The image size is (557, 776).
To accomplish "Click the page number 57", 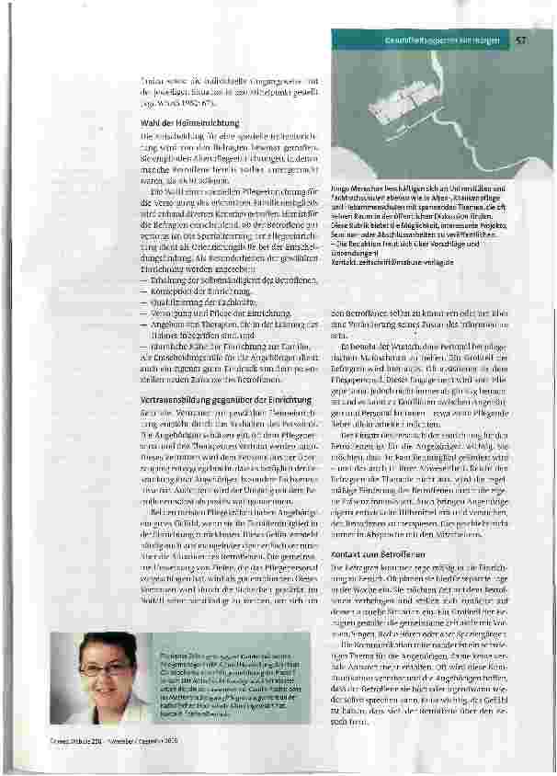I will [520, 40].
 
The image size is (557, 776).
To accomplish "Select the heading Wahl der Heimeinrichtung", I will [178, 122].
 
